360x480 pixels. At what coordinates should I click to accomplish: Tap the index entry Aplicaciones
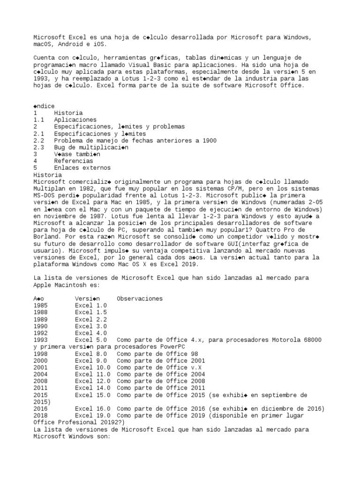click(75, 120)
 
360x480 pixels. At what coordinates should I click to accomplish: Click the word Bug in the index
click(60, 147)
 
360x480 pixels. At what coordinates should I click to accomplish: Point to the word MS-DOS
click(44, 195)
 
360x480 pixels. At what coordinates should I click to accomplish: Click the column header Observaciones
click(140, 298)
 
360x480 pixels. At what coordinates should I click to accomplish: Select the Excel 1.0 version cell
click(91, 305)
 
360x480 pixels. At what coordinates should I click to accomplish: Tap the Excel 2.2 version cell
click(91, 319)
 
